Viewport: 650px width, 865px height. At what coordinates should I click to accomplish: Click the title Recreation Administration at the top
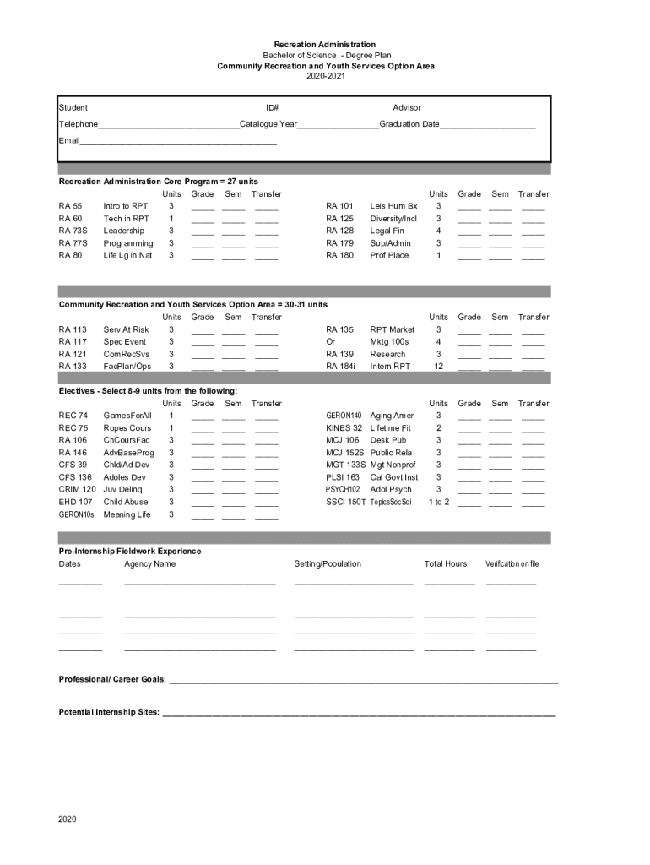(325, 44)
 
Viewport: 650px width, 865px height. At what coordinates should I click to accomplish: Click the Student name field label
(73, 108)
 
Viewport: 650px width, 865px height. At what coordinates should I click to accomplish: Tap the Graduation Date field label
(409, 124)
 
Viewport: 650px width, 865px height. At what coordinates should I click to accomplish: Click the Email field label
(68, 140)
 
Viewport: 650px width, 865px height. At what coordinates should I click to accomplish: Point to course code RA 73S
(73, 231)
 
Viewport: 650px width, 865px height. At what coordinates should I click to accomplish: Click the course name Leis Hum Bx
(393, 206)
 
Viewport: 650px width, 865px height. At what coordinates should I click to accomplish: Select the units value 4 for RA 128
(438, 231)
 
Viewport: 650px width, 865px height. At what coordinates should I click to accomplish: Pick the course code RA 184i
(340, 367)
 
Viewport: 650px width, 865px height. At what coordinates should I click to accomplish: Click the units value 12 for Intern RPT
(438, 367)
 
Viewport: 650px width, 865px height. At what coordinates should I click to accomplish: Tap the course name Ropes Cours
(127, 428)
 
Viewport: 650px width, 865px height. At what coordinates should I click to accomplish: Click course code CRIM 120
(77, 489)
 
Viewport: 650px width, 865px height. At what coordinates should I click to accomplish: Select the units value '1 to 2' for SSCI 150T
(438, 502)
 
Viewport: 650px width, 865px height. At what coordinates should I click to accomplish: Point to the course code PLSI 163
(343, 477)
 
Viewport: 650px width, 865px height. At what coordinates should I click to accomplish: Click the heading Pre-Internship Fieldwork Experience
(129, 551)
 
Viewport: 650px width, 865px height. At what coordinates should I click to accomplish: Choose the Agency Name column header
(149, 564)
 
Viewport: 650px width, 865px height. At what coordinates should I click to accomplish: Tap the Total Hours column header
(445, 564)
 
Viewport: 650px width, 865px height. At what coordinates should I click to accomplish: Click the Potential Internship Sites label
(109, 712)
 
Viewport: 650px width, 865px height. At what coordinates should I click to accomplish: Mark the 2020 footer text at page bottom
(68, 819)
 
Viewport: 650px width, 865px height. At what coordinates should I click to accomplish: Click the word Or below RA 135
(331, 342)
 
